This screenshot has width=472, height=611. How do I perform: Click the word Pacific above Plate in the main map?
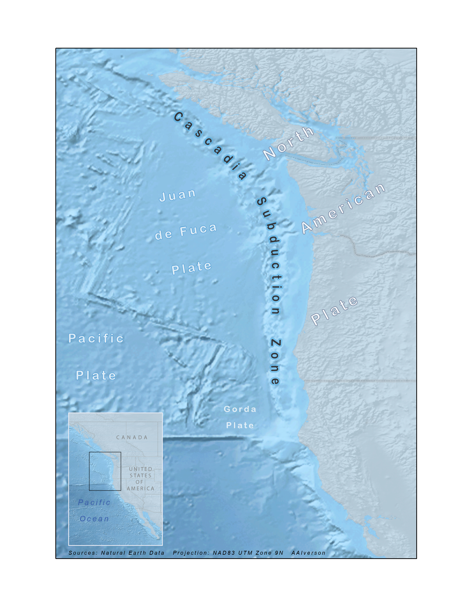[96, 338]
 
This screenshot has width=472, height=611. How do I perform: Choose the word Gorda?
[240, 409]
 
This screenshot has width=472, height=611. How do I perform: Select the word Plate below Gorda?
[240, 425]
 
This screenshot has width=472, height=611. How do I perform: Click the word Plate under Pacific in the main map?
[96, 375]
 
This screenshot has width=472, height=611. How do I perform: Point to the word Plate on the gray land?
[334, 310]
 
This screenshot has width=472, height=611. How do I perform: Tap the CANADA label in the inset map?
[132, 437]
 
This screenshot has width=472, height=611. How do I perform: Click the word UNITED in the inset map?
[140, 469]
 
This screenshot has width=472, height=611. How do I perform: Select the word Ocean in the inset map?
[94, 519]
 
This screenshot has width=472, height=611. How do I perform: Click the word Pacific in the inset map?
[94, 503]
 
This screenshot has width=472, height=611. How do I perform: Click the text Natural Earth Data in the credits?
[133, 553]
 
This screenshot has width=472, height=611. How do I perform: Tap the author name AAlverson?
[308, 553]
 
